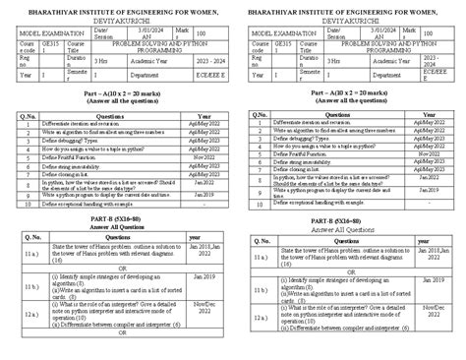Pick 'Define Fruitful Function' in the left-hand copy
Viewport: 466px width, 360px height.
point(74,183)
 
